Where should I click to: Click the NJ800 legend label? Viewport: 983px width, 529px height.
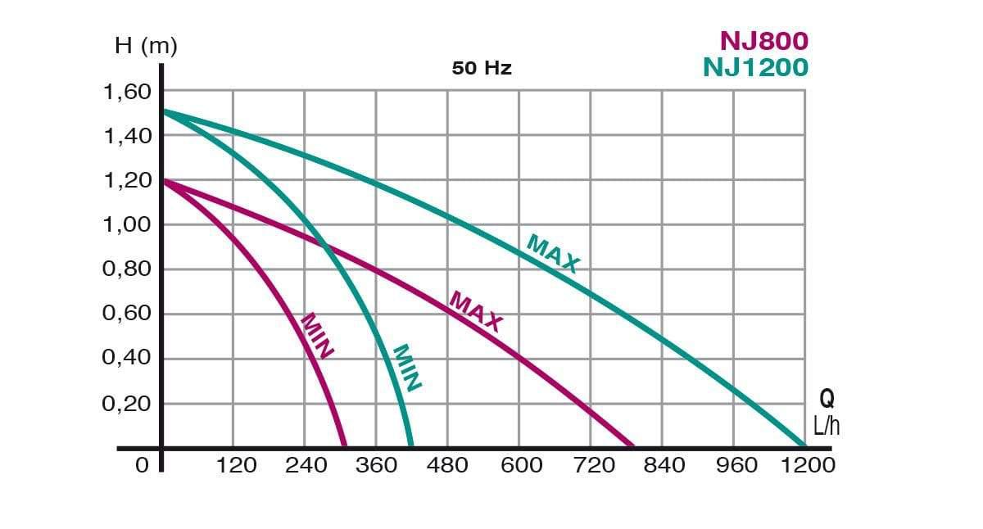(x=763, y=40)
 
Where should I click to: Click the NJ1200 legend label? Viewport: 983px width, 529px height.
(x=754, y=66)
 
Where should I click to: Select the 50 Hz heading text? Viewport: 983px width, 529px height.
(x=482, y=68)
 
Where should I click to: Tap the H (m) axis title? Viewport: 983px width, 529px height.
(x=145, y=47)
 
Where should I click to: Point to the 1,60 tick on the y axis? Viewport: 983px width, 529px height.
(x=127, y=91)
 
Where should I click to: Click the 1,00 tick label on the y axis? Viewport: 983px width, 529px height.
(x=127, y=224)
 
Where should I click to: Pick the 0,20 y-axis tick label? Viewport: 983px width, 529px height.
(x=127, y=404)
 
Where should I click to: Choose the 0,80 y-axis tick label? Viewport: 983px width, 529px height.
(x=127, y=269)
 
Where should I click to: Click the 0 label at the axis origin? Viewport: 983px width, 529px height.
(x=142, y=465)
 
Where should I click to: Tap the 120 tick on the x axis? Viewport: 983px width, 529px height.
(x=236, y=465)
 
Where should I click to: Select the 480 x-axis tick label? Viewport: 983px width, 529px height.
(x=447, y=465)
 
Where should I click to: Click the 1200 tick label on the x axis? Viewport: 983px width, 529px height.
(x=808, y=465)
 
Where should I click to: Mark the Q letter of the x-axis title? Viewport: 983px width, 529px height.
(x=827, y=400)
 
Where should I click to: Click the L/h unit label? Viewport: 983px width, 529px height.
(x=827, y=426)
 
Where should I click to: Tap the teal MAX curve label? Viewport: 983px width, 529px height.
(x=553, y=254)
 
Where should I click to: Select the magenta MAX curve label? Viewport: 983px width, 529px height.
(x=476, y=311)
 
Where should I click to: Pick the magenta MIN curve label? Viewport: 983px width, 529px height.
(x=317, y=336)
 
